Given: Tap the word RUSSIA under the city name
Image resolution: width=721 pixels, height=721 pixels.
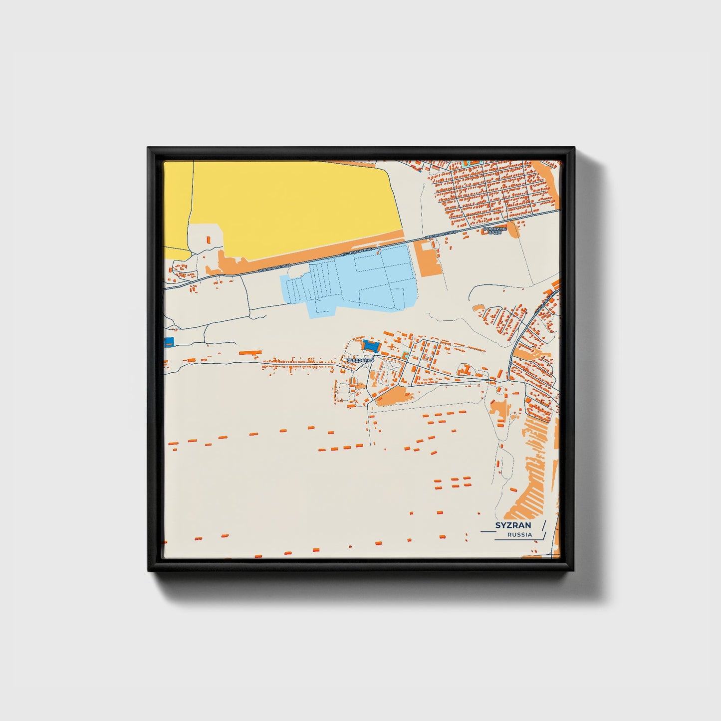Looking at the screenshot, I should tap(519, 535).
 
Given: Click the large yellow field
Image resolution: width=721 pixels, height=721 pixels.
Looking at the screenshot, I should tap(294, 205).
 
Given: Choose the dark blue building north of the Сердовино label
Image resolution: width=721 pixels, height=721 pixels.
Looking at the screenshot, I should tap(371, 345).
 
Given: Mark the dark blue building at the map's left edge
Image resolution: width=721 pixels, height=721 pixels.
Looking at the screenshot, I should tap(169, 342).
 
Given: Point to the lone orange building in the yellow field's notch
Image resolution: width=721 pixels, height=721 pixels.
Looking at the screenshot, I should tap(209, 240).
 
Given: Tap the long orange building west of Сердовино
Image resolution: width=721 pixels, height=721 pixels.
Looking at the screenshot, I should tap(250, 352).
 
